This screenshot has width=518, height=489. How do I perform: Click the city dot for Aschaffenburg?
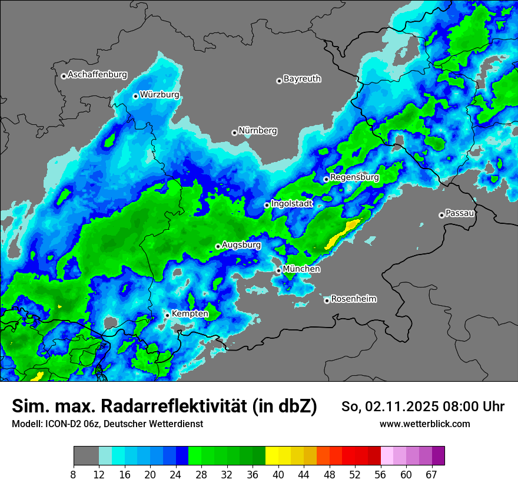coord(64,76)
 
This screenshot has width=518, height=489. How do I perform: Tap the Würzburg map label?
coord(160,95)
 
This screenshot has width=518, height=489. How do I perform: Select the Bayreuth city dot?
coord(280,81)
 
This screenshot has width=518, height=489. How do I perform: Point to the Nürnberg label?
coord(257,131)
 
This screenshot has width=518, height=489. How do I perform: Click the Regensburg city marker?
coord(326,179)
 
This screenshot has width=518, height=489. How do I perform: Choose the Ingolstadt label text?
coord(291,204)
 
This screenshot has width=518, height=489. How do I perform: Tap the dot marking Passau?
coord(441,215)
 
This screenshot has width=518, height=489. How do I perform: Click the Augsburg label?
coord(241,244)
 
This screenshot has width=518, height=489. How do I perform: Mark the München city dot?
coord(278,270)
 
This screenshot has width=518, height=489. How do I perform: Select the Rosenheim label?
coord(353,299)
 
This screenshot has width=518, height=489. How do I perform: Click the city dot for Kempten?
coord(167,315)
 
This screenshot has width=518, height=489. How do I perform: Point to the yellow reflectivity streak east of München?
coord(342,233)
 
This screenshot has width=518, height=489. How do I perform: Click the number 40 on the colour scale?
coord(278,474)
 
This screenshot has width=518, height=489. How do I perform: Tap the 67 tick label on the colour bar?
coord(431,474)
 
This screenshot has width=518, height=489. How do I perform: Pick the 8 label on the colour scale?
coord(74,474)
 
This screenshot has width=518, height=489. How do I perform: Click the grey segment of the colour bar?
coord(86,456)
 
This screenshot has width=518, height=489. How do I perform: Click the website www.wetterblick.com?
coord(425,424)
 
